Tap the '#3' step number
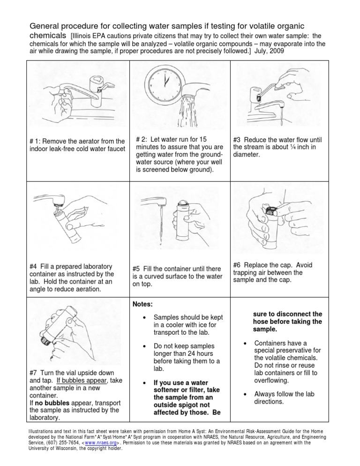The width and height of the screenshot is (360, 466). click(x=237, y=139)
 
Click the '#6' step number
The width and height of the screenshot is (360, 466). click(x=238, y=265)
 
